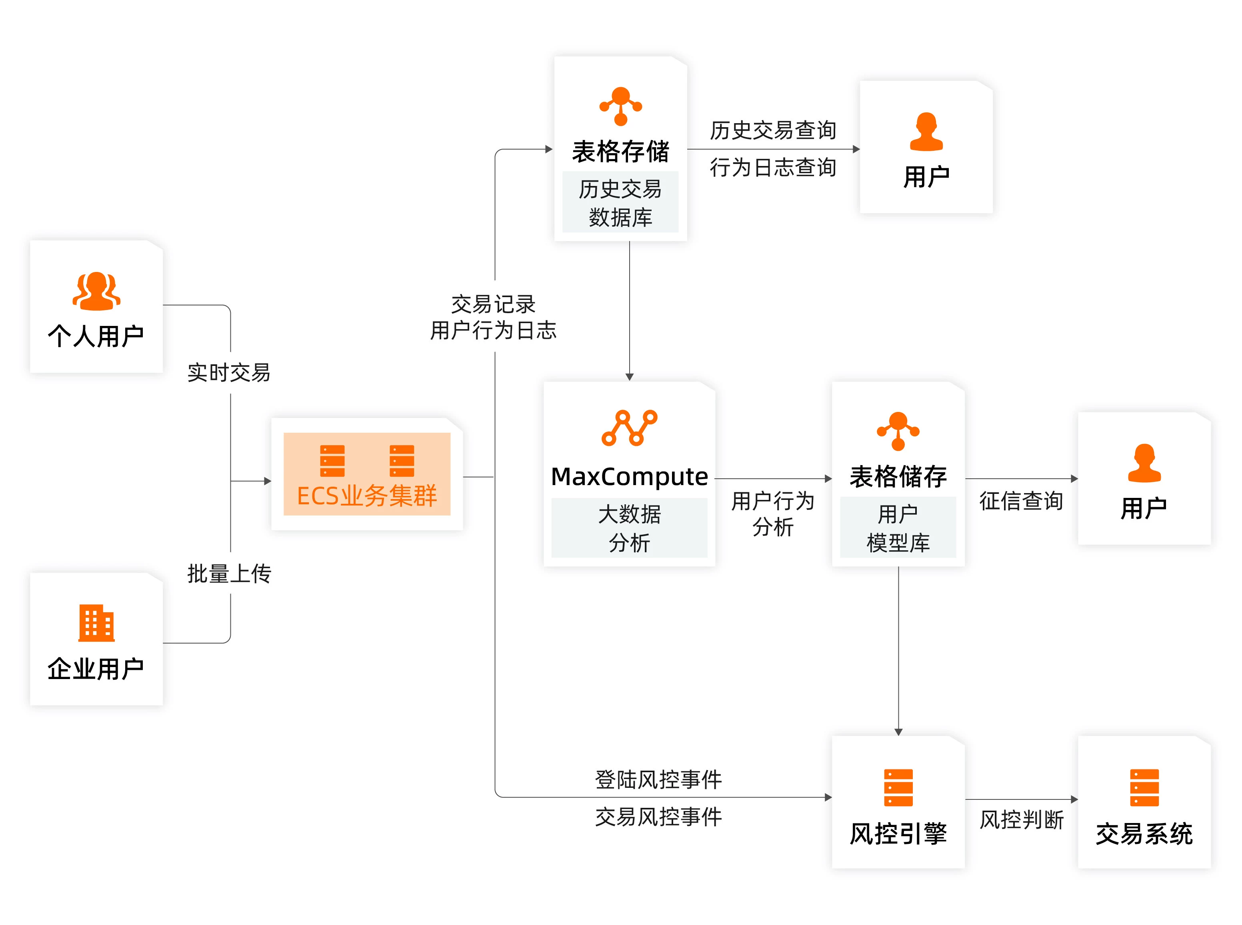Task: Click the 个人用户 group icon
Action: (96, 291)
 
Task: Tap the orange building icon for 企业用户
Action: (96, 623)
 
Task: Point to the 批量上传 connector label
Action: (229, 574)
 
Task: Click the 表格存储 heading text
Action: (620, 152)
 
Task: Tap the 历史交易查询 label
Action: (773, 130)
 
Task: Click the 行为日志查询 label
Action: (773, 168)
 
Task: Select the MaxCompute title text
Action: (629, 477)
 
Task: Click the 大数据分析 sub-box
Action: (629, 528)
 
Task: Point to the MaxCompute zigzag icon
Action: (629, 428)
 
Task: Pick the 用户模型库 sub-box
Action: (898, 528)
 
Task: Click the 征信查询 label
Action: (1021, 501)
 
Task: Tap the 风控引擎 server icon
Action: (898, 787)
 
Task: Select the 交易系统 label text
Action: (1144, 834)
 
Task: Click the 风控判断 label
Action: (1021, 820)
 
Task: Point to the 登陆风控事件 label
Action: (658, 779)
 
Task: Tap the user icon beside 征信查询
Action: (1144, 463)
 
